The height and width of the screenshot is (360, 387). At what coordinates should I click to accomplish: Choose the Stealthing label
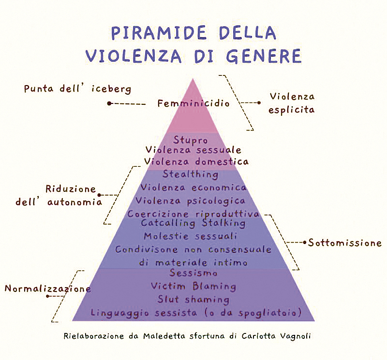coord(190,174)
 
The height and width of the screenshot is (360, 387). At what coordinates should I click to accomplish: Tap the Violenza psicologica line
coord(190,200)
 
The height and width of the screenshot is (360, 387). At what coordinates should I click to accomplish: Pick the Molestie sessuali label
coord(190,236)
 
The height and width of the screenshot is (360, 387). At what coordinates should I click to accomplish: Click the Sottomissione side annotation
coord(345,243)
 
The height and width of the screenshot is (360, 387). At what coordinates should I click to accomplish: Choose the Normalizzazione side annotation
coord(48,288)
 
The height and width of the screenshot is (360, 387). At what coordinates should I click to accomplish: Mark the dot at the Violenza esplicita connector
coord(258,102)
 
